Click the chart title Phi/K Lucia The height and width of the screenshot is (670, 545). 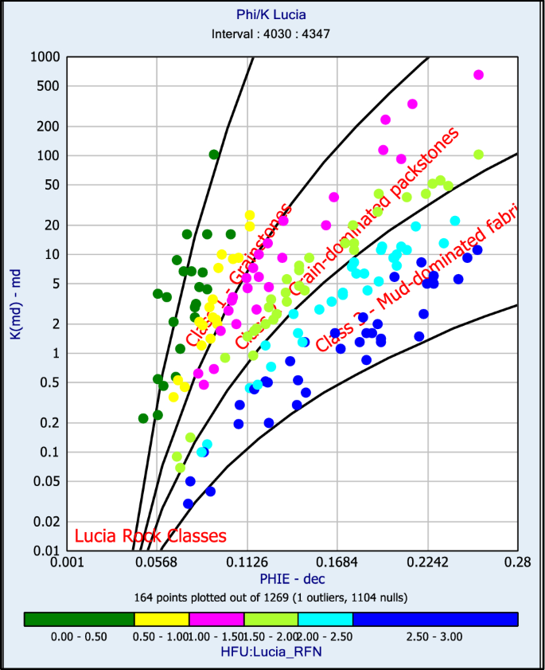(x=271, y=14)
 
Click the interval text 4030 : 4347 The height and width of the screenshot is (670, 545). (x=271, y=34)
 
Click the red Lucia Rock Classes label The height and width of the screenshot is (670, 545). (x=150, y=536)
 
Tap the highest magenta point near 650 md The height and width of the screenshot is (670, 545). (x=478, y=75)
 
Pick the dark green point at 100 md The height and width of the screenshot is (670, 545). (x=214, y=155)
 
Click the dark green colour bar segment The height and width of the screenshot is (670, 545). (x=79, y=619)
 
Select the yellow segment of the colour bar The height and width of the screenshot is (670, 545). (x=162, y=619)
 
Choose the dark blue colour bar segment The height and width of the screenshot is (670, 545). (x=434, y=619)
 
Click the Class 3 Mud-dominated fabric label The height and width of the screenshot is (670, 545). (x=418, y=279)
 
